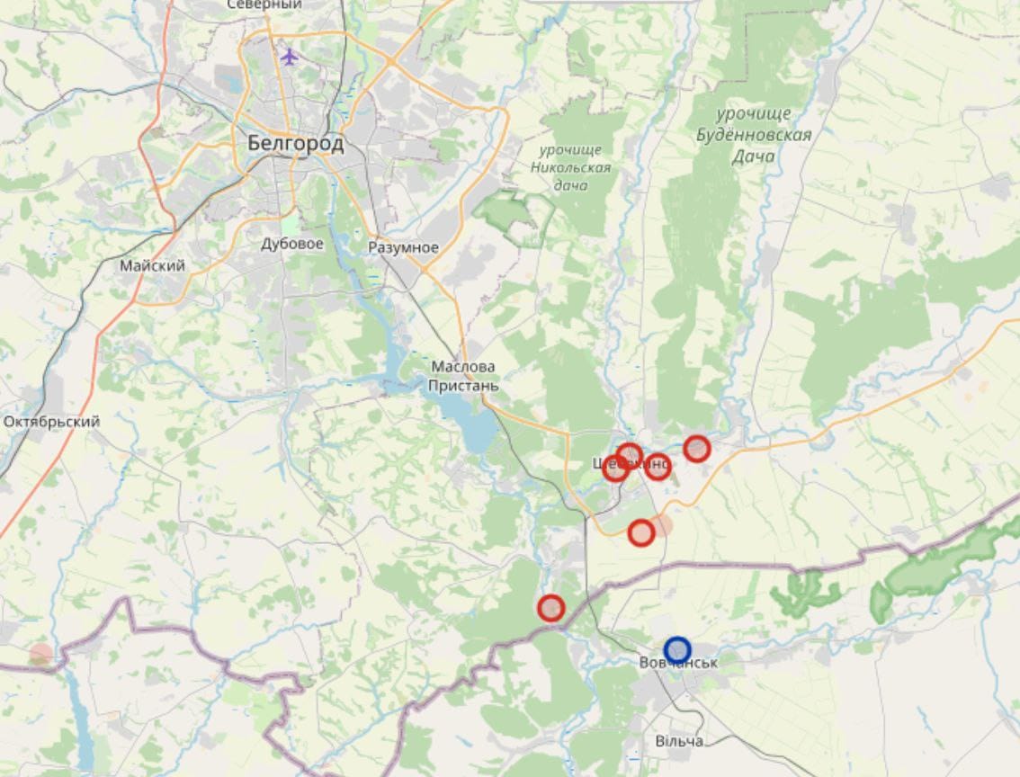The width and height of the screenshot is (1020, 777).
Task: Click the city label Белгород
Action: pos(295,143)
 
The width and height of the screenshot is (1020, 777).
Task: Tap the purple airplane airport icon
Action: pos(289,57)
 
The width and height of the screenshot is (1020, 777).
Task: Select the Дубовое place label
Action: pos(292,244)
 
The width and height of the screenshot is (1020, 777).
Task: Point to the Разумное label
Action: pos(404,247)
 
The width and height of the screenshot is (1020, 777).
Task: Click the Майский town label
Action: pos(153,266)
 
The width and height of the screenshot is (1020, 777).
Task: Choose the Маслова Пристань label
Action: pos(464,376)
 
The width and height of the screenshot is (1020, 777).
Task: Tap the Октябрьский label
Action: pos(51,421)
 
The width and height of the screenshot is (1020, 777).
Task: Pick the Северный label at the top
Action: pos(264,5)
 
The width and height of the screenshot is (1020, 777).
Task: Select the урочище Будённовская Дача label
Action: pos(753,135)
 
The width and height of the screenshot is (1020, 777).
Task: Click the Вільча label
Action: pos(678,741)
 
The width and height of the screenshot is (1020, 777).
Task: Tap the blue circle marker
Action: pos(677,649)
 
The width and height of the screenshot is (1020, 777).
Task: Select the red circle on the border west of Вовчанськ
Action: pos(550,609)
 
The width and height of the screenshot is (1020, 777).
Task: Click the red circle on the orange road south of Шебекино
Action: pos(640,533)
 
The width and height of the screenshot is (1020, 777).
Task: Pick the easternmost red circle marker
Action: pos(697,448)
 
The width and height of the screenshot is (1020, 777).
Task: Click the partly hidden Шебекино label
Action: pos(631,465)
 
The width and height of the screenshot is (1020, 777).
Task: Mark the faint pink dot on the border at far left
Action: pos(40,655)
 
